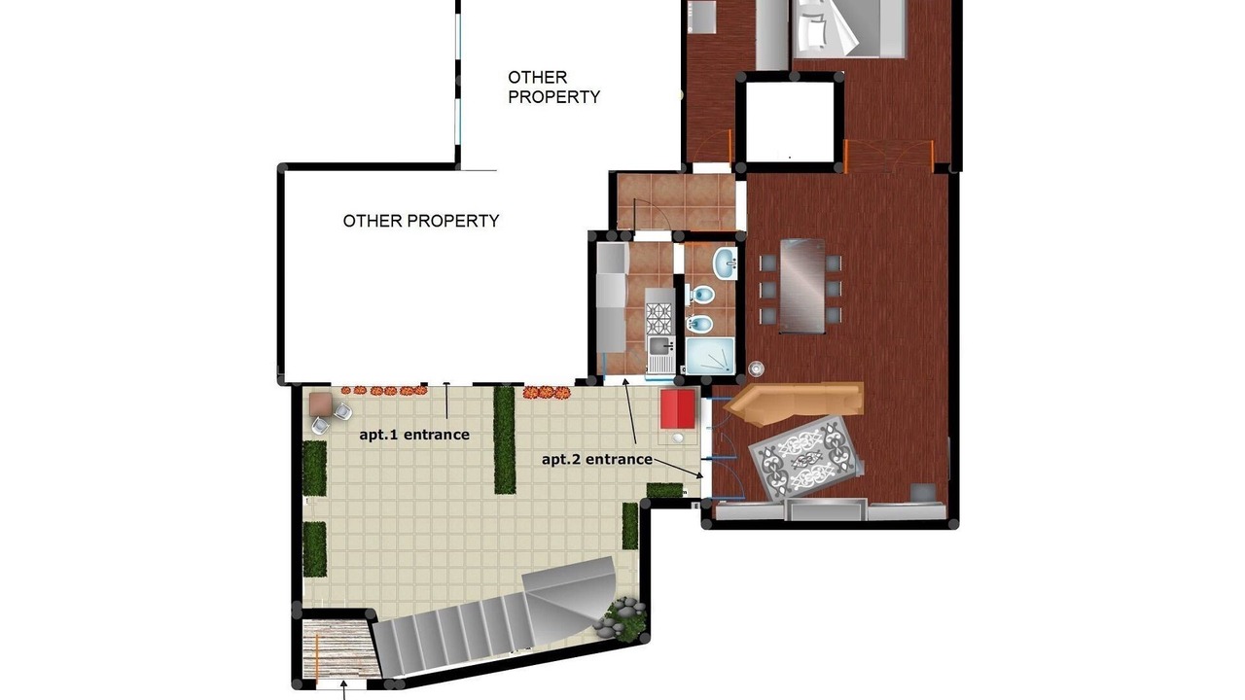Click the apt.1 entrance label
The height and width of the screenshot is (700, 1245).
[x=414, y=435]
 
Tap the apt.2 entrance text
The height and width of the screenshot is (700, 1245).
[x=597, y=460]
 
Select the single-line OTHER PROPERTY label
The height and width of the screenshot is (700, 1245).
[x=421, y=221]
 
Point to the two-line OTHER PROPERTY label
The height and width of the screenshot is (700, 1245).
[x=553, y=87]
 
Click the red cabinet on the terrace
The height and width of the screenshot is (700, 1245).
[x=678, y=409]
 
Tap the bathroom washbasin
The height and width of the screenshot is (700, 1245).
[x=725, y=262]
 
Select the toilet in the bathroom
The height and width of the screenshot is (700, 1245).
[x=701, y=295]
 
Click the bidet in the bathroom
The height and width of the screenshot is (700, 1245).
[x=699, y=324]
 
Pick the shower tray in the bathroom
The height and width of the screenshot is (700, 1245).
[x=710, y=356]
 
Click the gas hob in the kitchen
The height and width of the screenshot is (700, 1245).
[x=659, y=318]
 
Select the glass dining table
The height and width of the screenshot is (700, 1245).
[x=802, y=286]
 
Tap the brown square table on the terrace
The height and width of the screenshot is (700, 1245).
[x=321, y=404]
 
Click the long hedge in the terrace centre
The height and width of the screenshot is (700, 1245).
[x=505, y=440]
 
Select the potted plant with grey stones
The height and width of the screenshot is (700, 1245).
[x=623, y=620]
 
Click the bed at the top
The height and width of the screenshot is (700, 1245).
[x=849, y=28]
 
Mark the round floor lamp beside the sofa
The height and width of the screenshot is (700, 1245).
[x=756, y=367]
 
